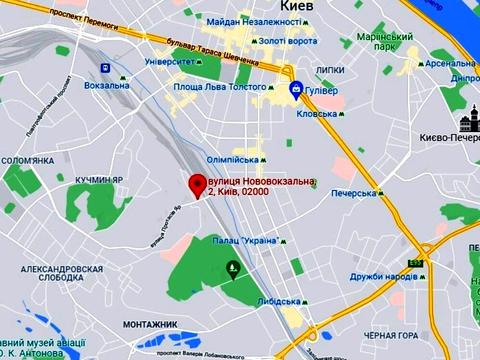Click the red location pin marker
(x=197, y=184)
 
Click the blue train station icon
(x=105, y=68)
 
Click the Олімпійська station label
(x=233, y=158)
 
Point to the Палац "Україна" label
(x=246, y=242)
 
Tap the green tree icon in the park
(x=233, y=267)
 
